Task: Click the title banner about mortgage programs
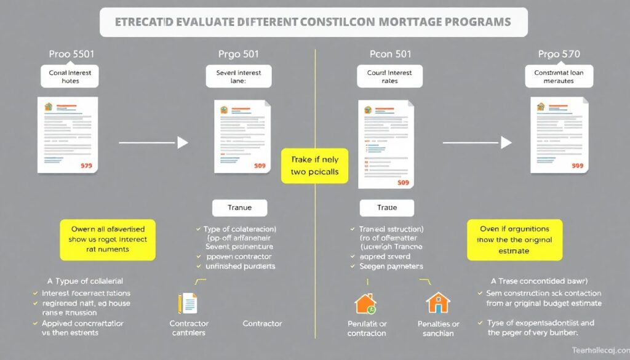point(314,22)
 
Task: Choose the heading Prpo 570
point(559,54)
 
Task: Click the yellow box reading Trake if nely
point(314,166)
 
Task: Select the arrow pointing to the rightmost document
point(476,143)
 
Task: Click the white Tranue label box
point(240,208)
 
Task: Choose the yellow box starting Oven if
point(516,239)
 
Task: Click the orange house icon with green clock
point(365,303)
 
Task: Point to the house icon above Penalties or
point(438,303)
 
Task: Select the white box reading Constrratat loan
point(559,76)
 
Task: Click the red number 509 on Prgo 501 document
point(259,166)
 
